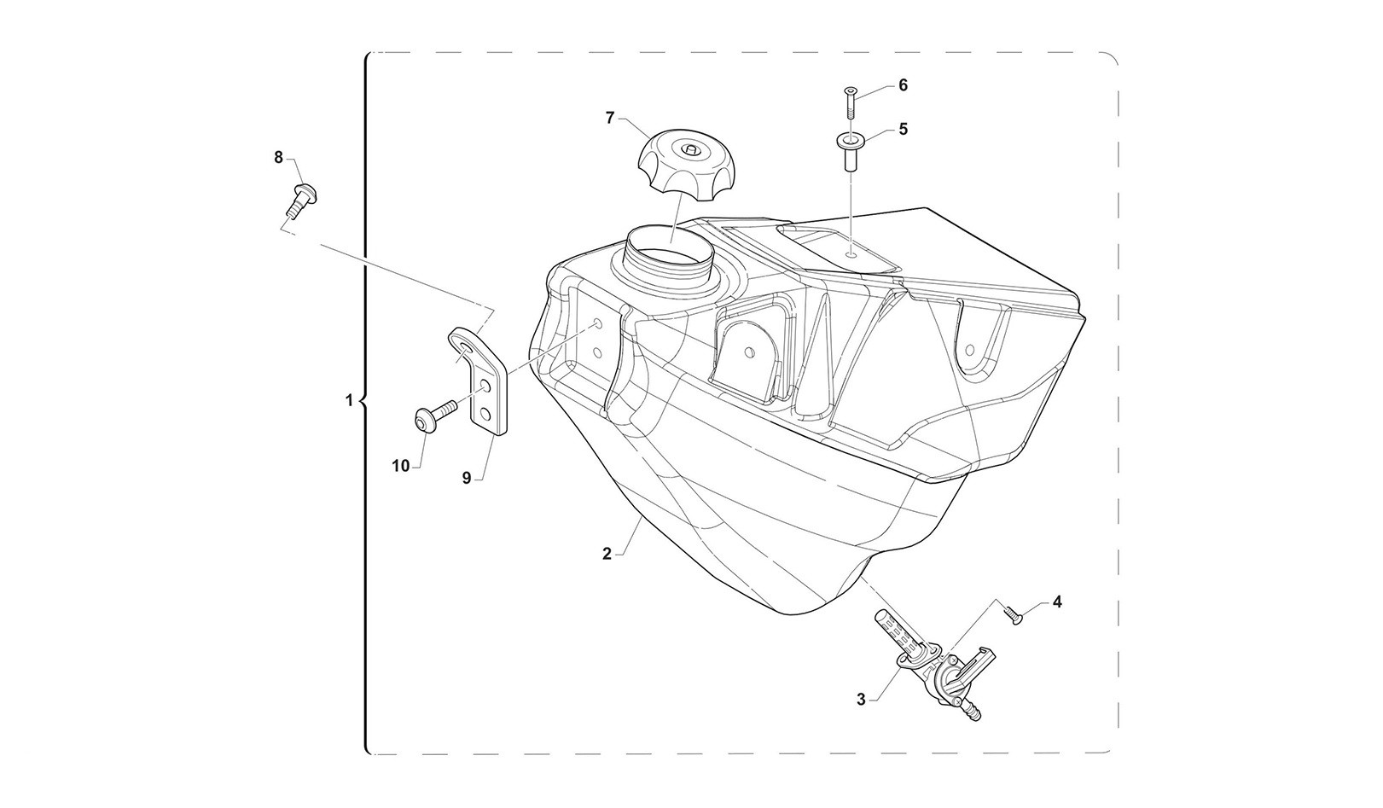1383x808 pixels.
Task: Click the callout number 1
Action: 349,399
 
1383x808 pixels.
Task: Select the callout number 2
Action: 607,554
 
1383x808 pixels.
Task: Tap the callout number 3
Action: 861,699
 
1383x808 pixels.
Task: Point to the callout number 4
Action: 1057,602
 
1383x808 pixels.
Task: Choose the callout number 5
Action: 903,129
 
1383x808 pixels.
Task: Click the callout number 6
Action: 903,85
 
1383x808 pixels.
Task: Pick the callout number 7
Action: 610,118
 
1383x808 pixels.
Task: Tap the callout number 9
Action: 467,479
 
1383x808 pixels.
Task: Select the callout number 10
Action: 401,465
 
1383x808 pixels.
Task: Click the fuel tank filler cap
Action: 688,164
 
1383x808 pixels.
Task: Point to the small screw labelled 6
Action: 851,102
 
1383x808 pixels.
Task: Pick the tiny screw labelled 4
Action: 1013,613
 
